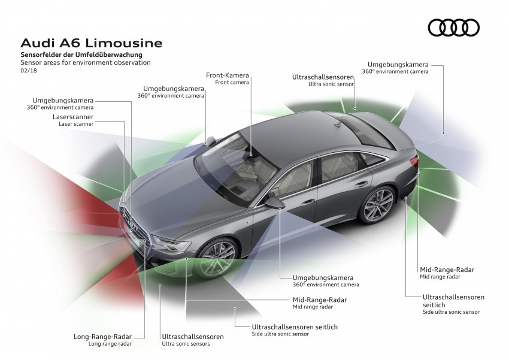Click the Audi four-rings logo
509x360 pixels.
(454, 28)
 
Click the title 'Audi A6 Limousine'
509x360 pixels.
(91, 44)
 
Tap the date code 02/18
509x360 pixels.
(28, 71)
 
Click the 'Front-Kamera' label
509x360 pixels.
(228, 75)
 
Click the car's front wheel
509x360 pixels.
(217, 259)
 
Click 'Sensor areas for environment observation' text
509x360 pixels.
(86, 62)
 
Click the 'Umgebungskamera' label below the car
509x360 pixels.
(323, 278)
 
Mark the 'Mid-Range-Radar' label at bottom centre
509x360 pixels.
(320, 300)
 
